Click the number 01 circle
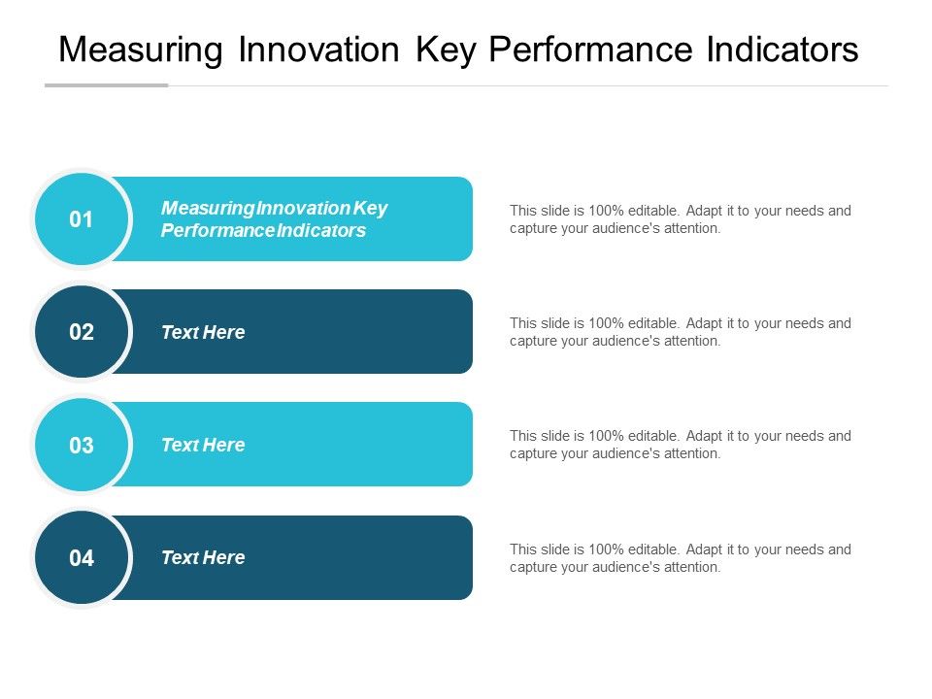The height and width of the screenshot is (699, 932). (82, 220)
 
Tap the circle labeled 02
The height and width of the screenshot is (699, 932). (82, 333)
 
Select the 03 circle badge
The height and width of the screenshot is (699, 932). (82, 446)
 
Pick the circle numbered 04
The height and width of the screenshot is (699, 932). (82, 558)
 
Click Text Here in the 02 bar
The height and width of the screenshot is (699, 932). (203, 332)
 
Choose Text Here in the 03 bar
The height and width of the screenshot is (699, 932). (203, 445)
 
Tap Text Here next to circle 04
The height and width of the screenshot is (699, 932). (203, 557)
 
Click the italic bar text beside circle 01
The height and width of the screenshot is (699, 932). (274, 219)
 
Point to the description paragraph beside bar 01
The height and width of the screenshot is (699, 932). (680, 219)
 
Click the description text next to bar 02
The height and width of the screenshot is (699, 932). (680, 332)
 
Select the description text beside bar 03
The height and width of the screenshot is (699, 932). (680, 445)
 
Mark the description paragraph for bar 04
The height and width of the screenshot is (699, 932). (680, 558)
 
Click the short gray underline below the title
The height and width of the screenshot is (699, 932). (107, 85)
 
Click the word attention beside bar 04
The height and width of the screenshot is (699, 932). (690, 567)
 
